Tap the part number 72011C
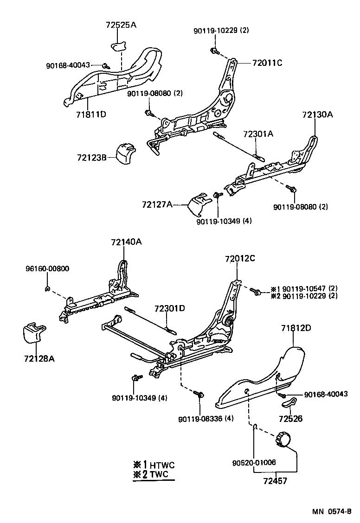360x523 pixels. coord(267,63)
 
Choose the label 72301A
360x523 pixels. coord(258,134)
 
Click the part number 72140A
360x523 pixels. coord(126,242)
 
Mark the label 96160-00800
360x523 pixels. coord(47,269)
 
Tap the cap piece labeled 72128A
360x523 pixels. coord(34,332)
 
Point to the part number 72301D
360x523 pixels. coord(170,308)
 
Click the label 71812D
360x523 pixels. coord(296,328)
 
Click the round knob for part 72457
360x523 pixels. coord(283,438)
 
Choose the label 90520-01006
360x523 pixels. coord(254,462)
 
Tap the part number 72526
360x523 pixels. coord(291,419)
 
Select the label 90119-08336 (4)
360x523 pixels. coord(206,419)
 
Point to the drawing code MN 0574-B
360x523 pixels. coord(331,512)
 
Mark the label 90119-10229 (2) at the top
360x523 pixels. coord(221,31)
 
